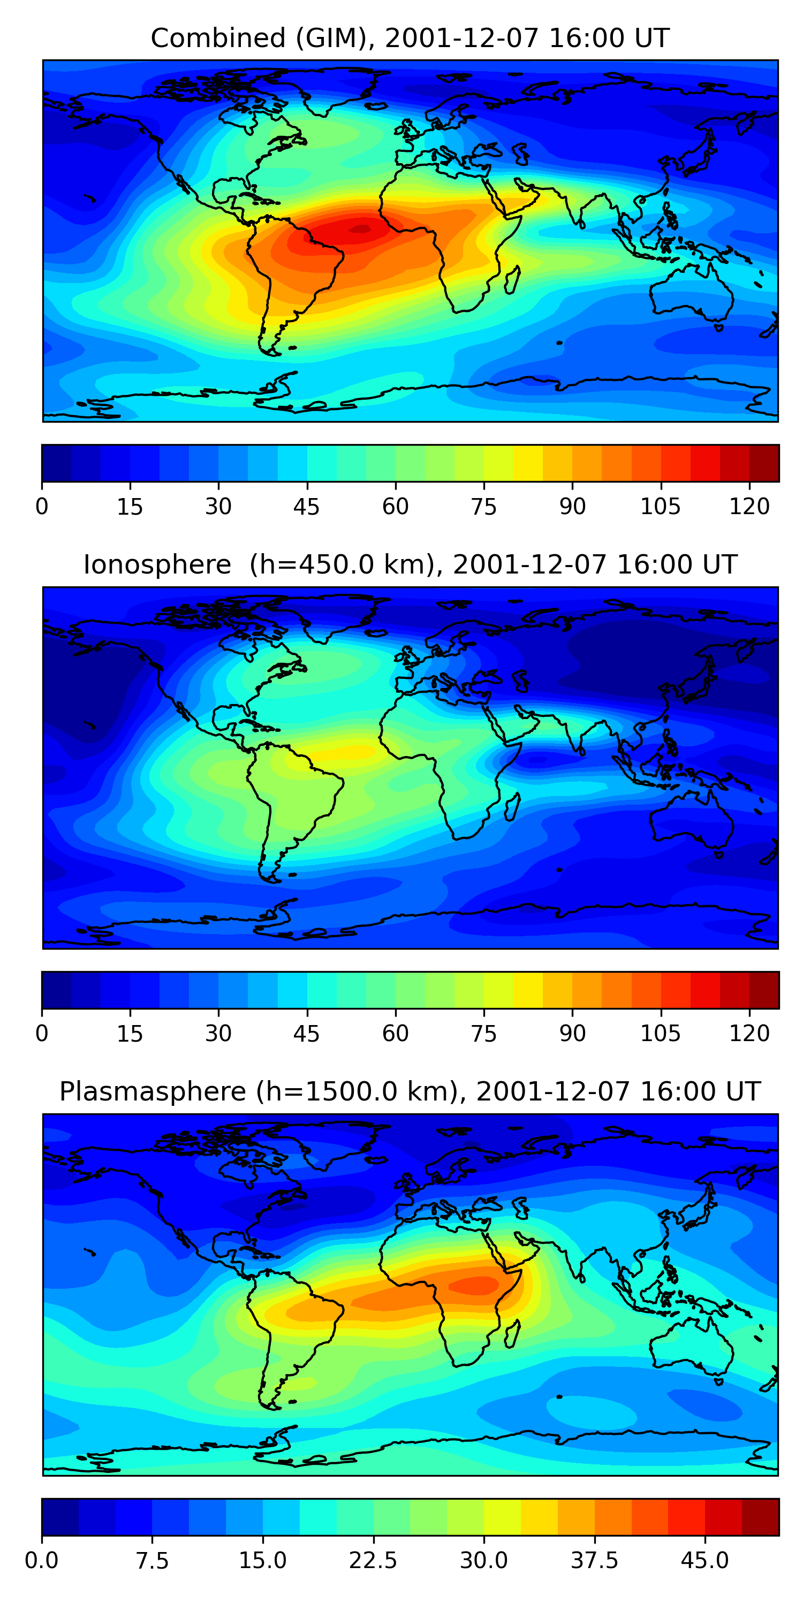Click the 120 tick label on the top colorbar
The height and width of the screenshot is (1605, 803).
[x=749, y=507]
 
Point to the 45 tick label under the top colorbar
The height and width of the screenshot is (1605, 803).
[x=306, y=507]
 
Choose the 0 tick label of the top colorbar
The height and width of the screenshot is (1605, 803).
[x=42, y=507]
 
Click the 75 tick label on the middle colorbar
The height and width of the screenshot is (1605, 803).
[x=483, y=1034]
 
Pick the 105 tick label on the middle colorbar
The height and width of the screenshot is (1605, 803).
[x=660, y=1034]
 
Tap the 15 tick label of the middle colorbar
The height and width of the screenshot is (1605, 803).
[x=130, y=1034]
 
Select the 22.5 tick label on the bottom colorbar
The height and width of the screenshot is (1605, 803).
[x=373, y=1561]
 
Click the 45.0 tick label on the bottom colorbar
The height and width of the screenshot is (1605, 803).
[x=704, y=1561]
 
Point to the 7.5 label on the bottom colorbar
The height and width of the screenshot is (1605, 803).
[x=152, y=1561]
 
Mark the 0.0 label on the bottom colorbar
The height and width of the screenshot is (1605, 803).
[x=42, y=1561]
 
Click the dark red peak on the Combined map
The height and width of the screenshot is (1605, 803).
[x=360, y=230]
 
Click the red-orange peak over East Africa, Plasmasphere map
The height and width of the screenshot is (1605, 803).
[x=474, y=1285]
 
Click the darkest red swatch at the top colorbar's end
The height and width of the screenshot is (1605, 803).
[x=764, y=463]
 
